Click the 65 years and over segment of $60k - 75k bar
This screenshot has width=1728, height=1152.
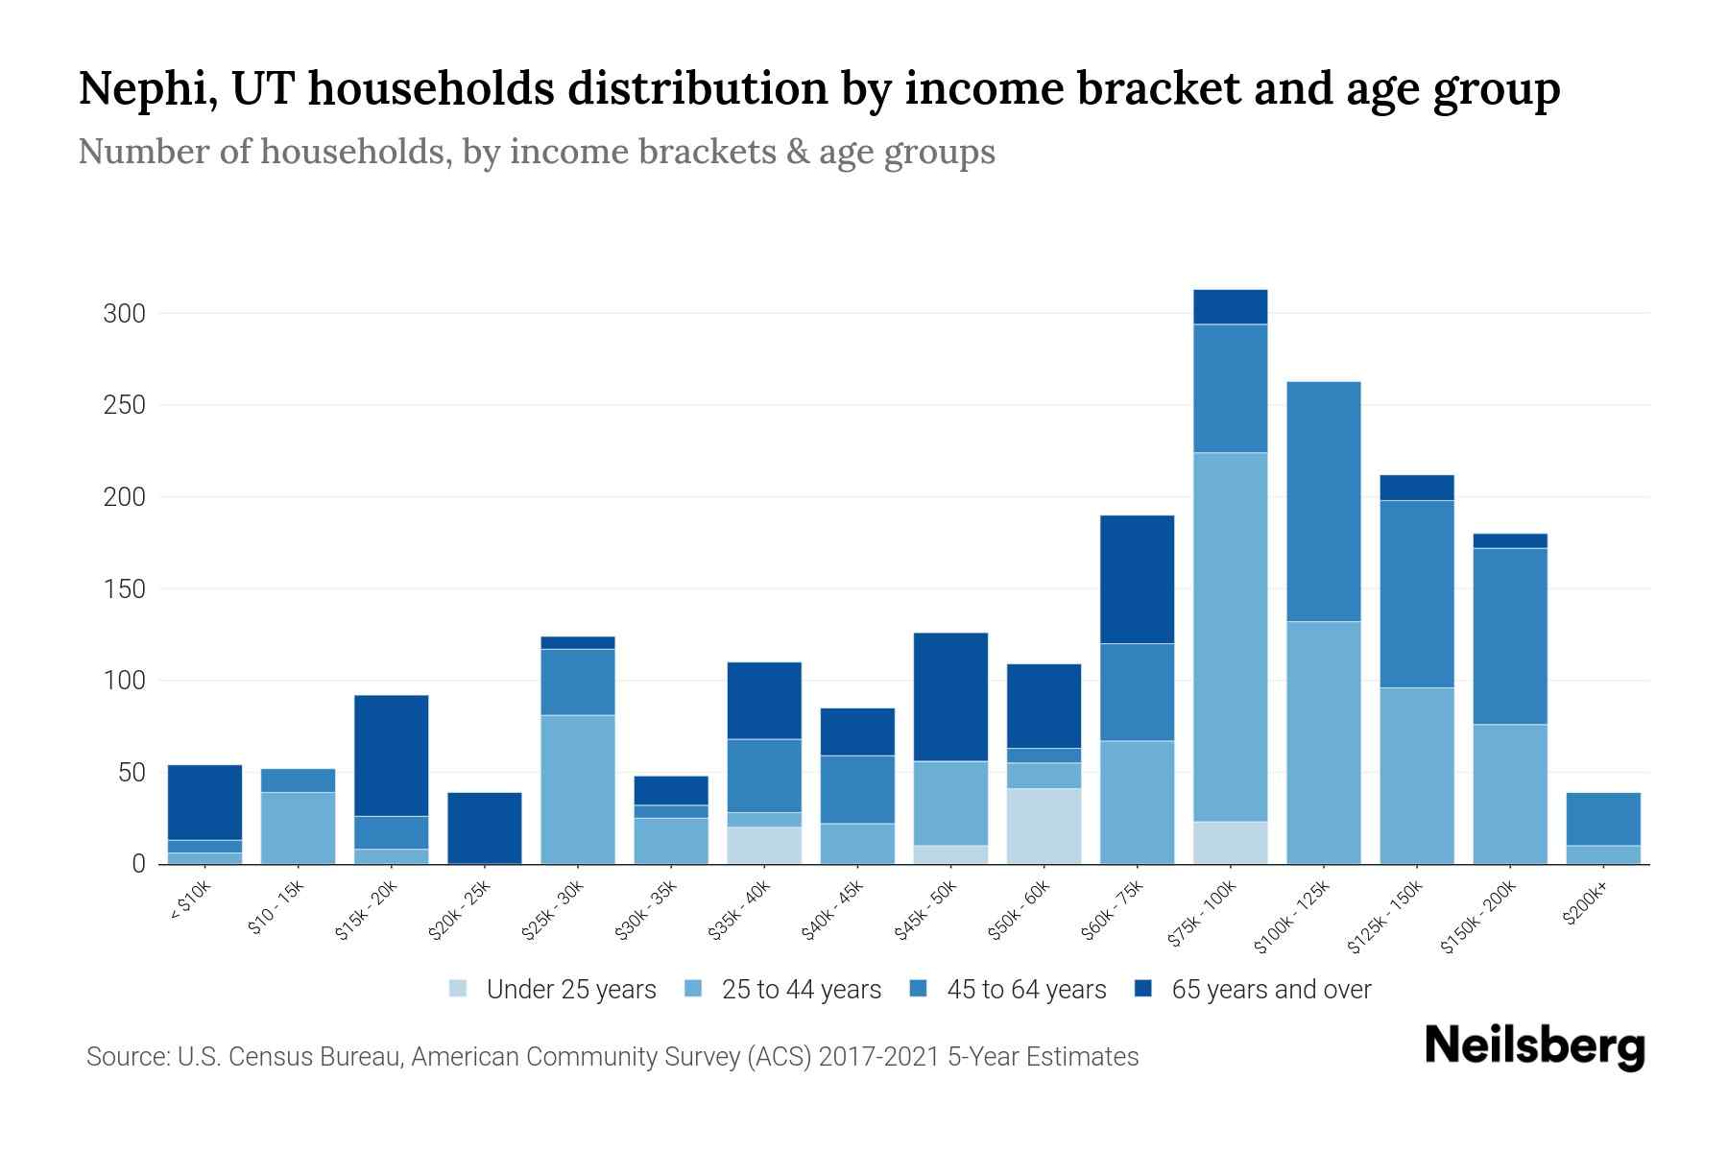click(1137, 579)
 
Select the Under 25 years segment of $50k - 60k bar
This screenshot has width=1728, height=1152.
click(1044, 826)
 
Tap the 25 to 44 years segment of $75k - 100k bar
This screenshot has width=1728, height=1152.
click(1230, 636)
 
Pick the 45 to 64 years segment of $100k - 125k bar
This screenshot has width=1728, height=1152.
click(1323, 501)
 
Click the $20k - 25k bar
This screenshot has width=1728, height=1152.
click(485, 828)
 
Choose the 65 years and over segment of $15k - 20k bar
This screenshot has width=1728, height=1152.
click(391, 755)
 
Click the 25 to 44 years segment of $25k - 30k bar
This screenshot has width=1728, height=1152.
click(578, 789)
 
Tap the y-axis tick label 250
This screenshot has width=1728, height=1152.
click(124, 405)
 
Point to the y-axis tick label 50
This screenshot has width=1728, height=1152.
click(132, 773)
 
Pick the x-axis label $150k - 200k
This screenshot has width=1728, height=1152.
click(1477, 918)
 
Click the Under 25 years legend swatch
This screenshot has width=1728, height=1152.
click(458, 988)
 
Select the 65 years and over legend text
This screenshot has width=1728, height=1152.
click(1270, 990)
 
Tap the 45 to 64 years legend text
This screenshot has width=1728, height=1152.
click(1025, 990)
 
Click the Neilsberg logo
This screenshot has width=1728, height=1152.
click(1534, 1046)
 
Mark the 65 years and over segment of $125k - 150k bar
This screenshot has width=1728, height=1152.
click(1416, 488)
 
